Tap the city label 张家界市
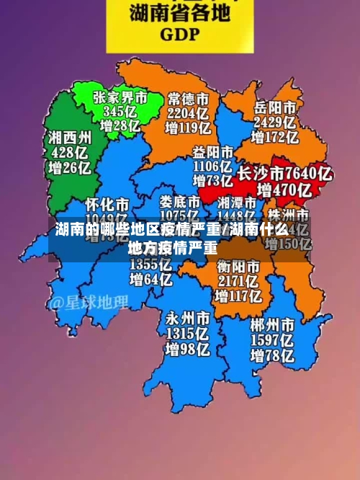tap(120, 97)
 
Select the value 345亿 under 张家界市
tap(120, 112)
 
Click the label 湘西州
tap(70, 137)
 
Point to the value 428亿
tap(70, 153)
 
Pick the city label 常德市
tap(189, 97)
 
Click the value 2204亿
tap(189, 113)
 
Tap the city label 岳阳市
tap(274, 106)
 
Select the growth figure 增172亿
tap(274, 137)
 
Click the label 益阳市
tap(212, 152)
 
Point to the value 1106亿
tap(212, 166)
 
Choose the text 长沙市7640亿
tap(284, 174)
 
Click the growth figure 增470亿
tap(284, 191)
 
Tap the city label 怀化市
tap(107, 203)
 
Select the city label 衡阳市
tap(238, 266)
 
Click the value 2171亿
tap(238, 281)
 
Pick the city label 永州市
tap(189, 318)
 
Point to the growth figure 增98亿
tap(189, 350)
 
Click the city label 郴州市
tap(273, 324)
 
